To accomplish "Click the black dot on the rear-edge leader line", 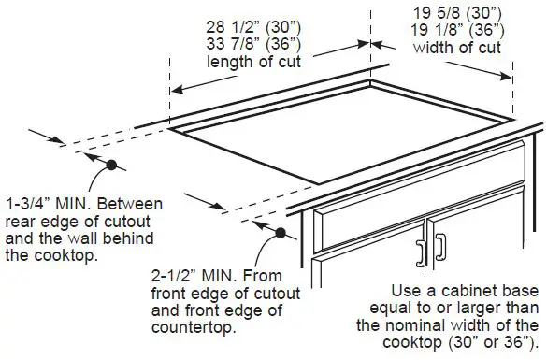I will (x=111, y=166).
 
